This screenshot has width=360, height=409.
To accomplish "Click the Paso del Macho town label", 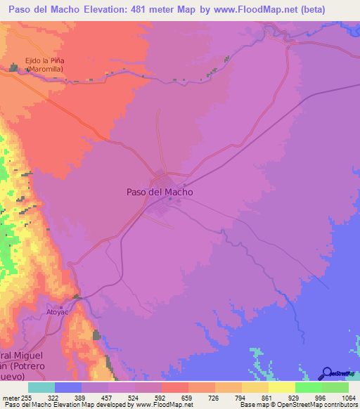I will tap(160, 191).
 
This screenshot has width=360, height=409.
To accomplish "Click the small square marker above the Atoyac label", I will tap(61, 306).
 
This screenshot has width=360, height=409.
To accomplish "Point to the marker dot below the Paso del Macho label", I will tap(169, 199).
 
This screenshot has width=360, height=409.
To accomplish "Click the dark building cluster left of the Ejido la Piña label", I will tap(15, 67).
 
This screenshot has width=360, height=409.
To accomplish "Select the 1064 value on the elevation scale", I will tap(349, 398).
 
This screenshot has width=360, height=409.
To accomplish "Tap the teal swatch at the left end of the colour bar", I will tap(41, 387).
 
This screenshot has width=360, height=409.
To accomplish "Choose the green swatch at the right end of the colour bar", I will tap(335, 387).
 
